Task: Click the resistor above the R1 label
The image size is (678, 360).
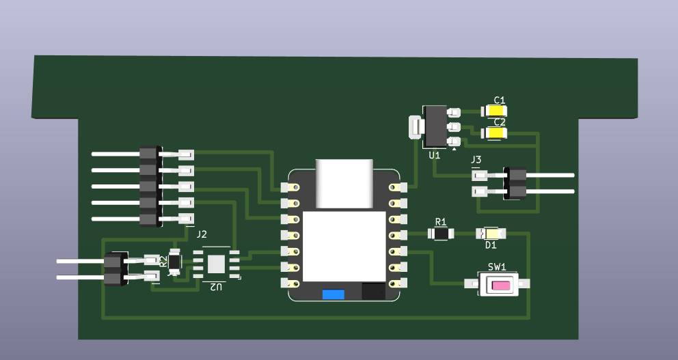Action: [442, 234]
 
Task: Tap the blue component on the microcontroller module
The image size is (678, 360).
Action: [333, 294]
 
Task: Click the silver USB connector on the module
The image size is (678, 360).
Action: [343, 182]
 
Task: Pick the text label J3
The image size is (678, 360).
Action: [476, 160]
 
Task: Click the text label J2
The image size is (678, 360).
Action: [202, 234]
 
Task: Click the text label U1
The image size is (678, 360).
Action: [434, 156]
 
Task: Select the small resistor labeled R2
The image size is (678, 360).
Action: [175, 260]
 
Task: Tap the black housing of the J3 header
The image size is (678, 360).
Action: [515, 182]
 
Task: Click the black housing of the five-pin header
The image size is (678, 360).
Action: [149, 186]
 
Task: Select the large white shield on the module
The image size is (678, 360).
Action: [344, 246]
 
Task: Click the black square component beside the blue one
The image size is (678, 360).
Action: [373, 292]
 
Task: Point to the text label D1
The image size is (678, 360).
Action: [490, 245]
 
